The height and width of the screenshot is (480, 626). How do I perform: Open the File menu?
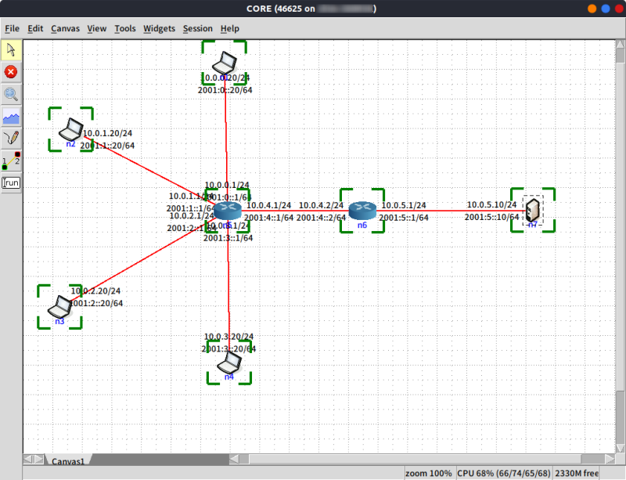tap(12, 29)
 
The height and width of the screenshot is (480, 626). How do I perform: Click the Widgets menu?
tap(159, 29)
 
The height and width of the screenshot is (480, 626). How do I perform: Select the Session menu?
tap(197, 29)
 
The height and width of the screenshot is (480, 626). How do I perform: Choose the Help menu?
tap(230, 29)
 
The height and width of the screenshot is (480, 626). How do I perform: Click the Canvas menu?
tap(65, 29)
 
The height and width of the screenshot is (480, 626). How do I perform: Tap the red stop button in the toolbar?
tap(11, 72)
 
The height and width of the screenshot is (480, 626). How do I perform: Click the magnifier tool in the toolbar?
tap(11, 95)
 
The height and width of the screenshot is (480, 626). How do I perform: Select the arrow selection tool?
tap(11, 50)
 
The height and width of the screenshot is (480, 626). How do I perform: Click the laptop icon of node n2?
tap(72, 127)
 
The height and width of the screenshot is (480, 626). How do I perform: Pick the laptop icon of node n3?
tap(61, 305)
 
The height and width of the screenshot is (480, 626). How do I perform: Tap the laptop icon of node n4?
tap(229, 362)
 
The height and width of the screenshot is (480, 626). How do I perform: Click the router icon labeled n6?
tap(362, 209)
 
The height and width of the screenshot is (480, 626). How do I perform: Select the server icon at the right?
tap(533, 210)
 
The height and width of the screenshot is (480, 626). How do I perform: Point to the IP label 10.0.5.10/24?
tap(492, 205)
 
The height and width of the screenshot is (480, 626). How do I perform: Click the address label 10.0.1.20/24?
tap(108, 133)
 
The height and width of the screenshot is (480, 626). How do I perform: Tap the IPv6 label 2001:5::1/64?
tap(404, 218)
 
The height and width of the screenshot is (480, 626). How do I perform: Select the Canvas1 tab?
tap(68, 462)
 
